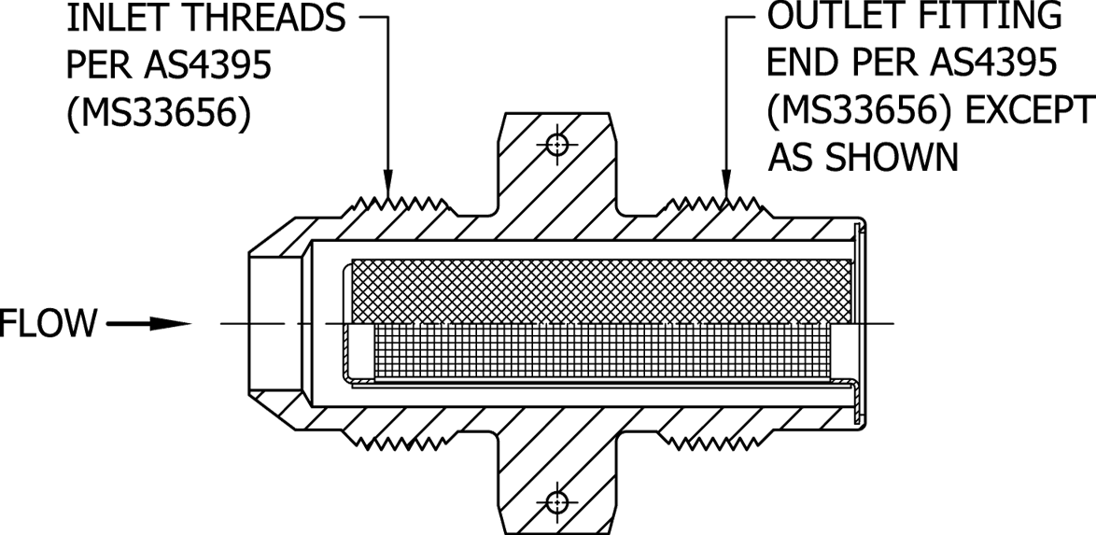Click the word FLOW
coord(49,324)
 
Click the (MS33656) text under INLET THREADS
coord(158,116)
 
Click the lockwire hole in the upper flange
coord(557,145)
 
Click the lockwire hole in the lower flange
coord(557,500)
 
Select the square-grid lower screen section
coord(597,355)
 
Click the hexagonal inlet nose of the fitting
coord(276,324)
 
